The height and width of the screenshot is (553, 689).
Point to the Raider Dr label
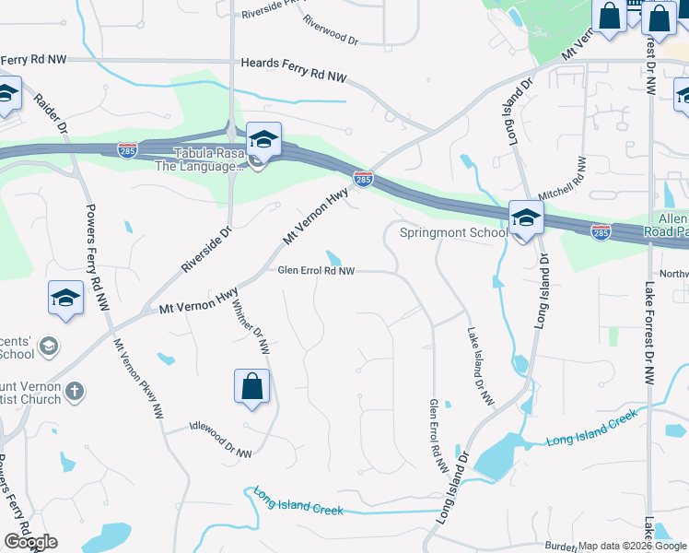(51, 114)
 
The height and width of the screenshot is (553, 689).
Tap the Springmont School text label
(453, 233)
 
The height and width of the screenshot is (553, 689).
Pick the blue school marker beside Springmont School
(525, 218)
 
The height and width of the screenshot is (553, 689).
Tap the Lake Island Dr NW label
(480, 367)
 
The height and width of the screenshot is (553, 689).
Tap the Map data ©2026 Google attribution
(632, 546)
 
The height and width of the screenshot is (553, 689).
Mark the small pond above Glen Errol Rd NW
(333, 257)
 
